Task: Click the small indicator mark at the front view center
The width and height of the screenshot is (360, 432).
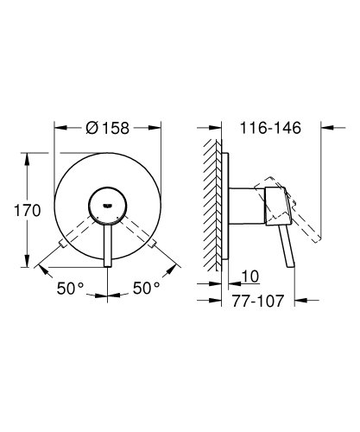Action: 108,201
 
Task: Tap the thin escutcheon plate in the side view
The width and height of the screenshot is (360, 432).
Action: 229,207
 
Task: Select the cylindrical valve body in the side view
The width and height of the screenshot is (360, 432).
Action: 245,203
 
